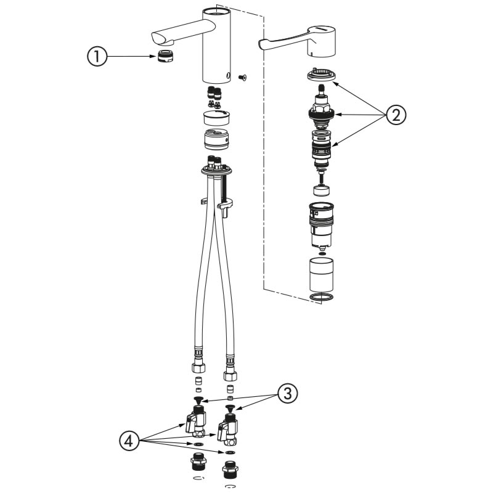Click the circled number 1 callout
97,57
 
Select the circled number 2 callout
396,115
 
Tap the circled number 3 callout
287,393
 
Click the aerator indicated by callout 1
166,55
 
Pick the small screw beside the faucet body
242,76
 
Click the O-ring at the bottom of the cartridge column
322,297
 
